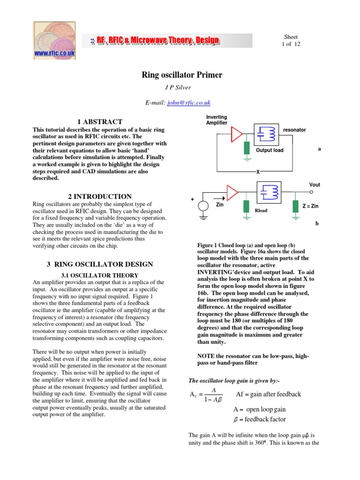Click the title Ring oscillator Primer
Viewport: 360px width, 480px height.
182,75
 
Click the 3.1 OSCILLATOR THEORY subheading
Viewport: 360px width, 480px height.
100,275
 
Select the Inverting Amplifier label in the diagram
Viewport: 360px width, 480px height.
217,120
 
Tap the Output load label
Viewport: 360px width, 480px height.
270,150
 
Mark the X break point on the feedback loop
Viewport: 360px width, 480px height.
257,172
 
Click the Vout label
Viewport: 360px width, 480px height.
315,185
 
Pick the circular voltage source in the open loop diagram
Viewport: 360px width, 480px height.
203,206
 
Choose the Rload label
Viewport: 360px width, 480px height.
261,210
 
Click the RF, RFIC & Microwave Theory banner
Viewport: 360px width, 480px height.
155,41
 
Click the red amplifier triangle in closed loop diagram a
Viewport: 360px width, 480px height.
236,134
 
